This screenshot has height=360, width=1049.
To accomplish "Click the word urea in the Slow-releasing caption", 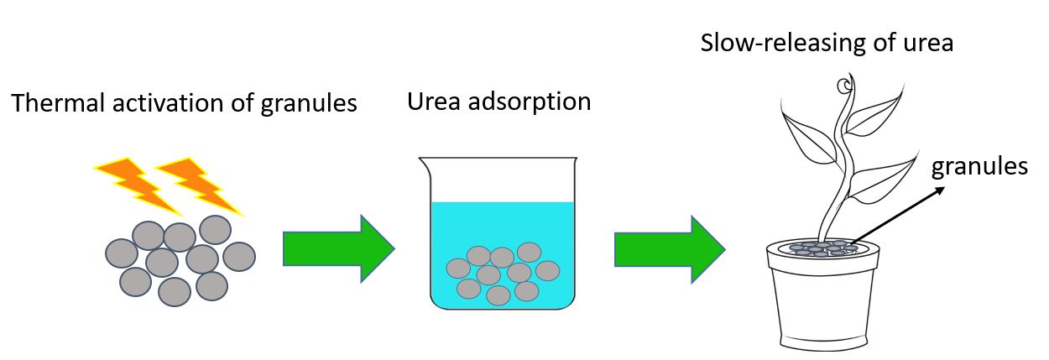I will point(926,43).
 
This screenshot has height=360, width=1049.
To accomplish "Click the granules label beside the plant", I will point(980,167).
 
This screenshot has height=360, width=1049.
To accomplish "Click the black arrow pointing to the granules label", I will point(898,216).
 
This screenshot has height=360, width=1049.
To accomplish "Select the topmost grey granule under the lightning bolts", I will point(215,229).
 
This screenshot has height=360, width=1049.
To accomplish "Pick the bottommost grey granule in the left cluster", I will point(175,291).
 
